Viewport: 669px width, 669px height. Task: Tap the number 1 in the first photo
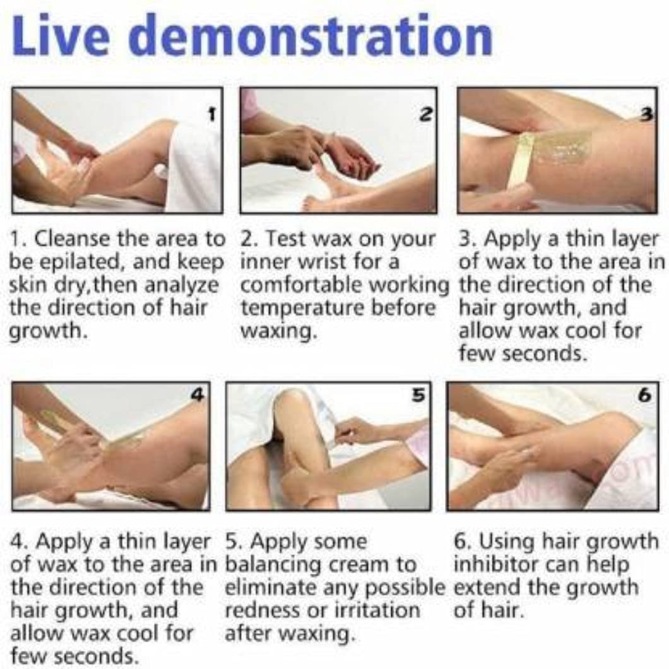211,114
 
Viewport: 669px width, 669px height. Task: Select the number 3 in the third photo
647,113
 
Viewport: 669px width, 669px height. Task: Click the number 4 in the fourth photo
198,394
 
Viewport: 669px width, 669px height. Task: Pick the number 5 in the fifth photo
419,394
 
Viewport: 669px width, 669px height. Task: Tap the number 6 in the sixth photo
645,395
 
